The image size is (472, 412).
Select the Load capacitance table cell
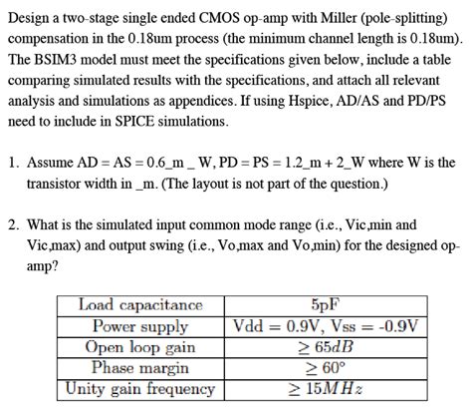[140, 305]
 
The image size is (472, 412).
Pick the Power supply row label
[140, 326]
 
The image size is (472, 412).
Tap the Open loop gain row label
[140, 347]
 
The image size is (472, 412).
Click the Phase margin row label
[140, 368]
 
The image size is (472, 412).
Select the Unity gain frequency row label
[140, 389]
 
